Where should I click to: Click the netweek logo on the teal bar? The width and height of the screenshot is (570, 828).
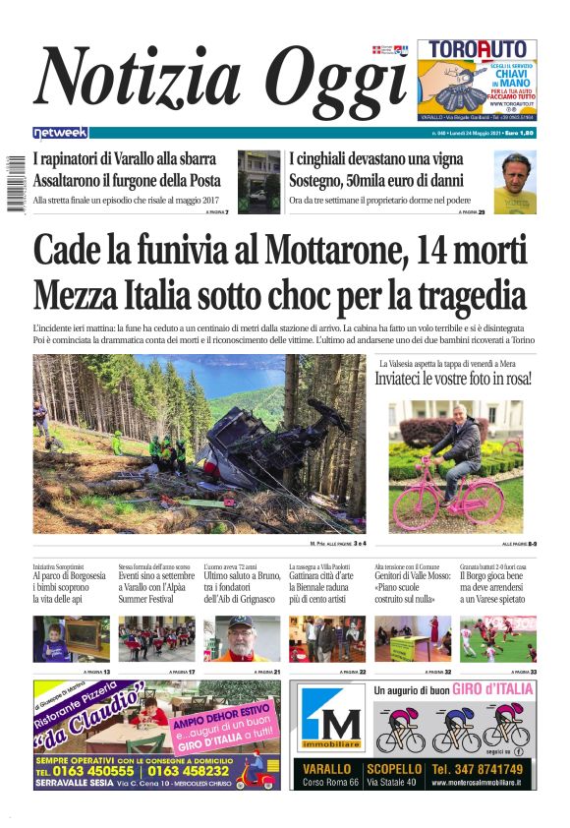(60, 133)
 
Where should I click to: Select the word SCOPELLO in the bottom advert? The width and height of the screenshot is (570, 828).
(393, 768)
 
